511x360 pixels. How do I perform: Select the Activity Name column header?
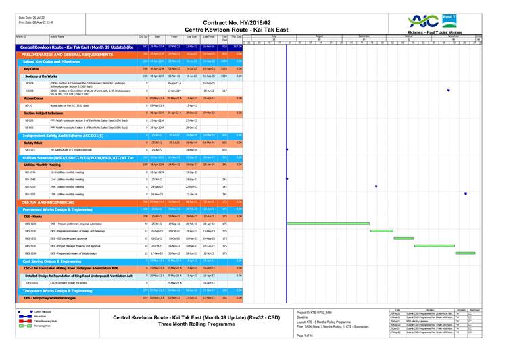(x=57, y=36)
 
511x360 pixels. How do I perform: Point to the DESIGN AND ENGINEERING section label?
(x=47, y=201)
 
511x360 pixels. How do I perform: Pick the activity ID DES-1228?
(x=31, y=224)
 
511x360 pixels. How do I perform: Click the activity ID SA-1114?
(x=29, y=150)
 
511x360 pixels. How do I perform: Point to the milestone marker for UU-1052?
(x=466, y=194)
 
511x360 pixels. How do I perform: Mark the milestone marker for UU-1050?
(x=376, y=186)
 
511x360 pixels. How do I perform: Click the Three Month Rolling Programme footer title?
(x=196, y=324)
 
